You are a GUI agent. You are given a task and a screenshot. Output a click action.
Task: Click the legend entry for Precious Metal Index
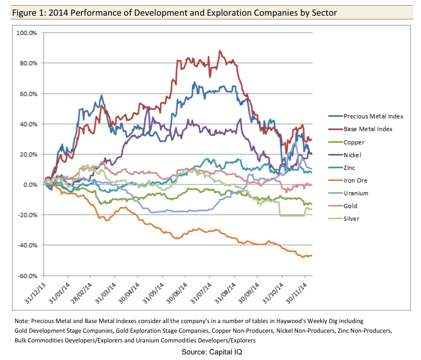(x=373, y=116)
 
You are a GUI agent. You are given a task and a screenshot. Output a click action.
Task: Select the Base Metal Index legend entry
(x=368, y=129)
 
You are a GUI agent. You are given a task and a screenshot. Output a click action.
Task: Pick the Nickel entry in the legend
(x=353, y=155)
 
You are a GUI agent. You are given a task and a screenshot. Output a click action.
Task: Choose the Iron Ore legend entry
(x=355, y=180)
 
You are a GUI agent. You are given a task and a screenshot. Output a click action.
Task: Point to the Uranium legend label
(x=356, y=193)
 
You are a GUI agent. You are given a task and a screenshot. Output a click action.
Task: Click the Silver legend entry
(x=352, y=219)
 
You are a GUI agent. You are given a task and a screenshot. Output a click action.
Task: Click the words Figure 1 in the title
(x=29, y=12)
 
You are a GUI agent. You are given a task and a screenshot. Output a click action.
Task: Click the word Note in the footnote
(x=21, y=321)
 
